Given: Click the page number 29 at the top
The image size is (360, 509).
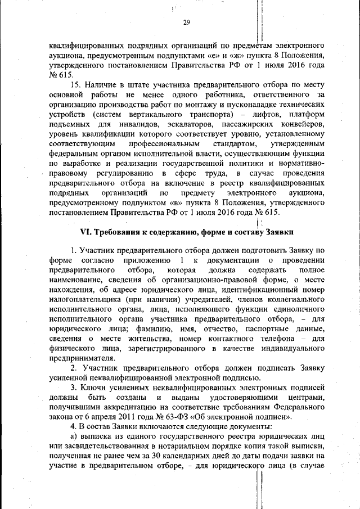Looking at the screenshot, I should tap(186, 23).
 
